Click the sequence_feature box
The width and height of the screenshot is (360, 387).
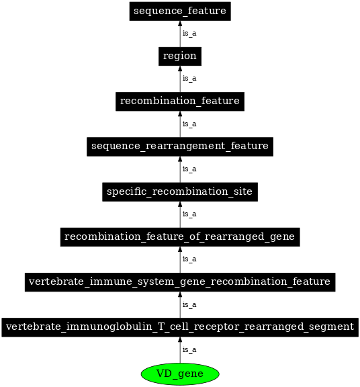tap(179, 11)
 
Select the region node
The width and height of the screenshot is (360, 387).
tap(179, 56)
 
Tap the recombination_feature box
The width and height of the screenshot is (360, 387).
tap(179, 101)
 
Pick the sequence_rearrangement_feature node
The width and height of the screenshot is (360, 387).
tap(179, 146)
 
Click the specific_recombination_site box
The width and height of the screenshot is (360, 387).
tap(179, 192)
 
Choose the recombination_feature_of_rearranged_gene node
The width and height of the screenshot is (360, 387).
tap(179, 237)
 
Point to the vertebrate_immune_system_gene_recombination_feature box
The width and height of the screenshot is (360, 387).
tap(179, 282)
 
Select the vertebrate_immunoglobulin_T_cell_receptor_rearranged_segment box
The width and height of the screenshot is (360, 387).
tap(179, 327)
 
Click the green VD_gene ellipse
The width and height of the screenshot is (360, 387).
tap(179, 374)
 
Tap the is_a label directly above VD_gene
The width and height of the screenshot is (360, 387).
tap(189, 350)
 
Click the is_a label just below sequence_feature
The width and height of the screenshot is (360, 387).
tap(189, 34)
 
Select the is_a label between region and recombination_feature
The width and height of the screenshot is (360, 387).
tap(189, 79)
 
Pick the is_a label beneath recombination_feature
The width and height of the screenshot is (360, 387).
tap(189, 124)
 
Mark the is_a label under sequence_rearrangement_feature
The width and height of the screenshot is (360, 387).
tap(189, 169)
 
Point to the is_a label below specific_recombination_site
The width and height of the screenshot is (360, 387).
tap(189, 214)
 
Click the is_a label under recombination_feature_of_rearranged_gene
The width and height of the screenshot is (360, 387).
tap(189, 259)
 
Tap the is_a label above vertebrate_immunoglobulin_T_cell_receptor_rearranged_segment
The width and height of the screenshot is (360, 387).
tap(189, 305)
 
